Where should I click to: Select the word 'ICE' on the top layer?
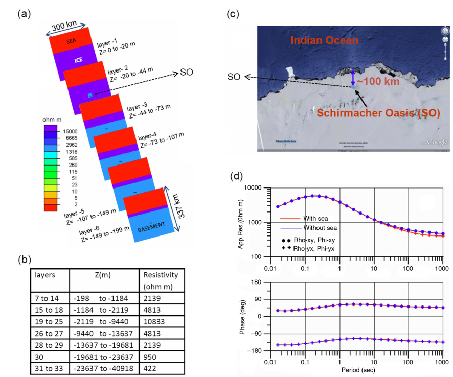click(x=78, y=60)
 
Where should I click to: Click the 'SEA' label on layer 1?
click(x=71, y=40)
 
